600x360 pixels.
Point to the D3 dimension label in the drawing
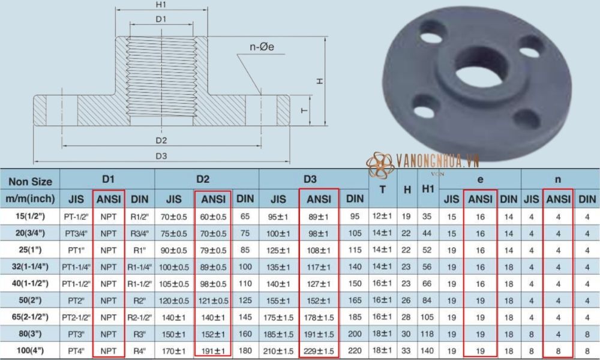coord(160,155)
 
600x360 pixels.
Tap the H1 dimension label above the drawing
coord(160,5)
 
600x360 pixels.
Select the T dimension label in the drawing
coord(305,110)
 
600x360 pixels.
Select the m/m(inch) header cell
coord(31,199)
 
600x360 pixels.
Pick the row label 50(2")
coord(31,299)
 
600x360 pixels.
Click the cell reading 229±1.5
coord(319,350)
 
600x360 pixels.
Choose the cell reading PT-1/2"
coord(77,216)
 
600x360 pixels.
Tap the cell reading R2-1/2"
coord(140,316)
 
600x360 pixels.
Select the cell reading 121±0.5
coord(212,299)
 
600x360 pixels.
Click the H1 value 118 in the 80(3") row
coord(427,333)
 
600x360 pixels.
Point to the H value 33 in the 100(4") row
coord(407,350)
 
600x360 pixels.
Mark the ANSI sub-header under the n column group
coord(558,199)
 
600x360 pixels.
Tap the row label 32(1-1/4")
coord(31,266)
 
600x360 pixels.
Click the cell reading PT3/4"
coord(77,233)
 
